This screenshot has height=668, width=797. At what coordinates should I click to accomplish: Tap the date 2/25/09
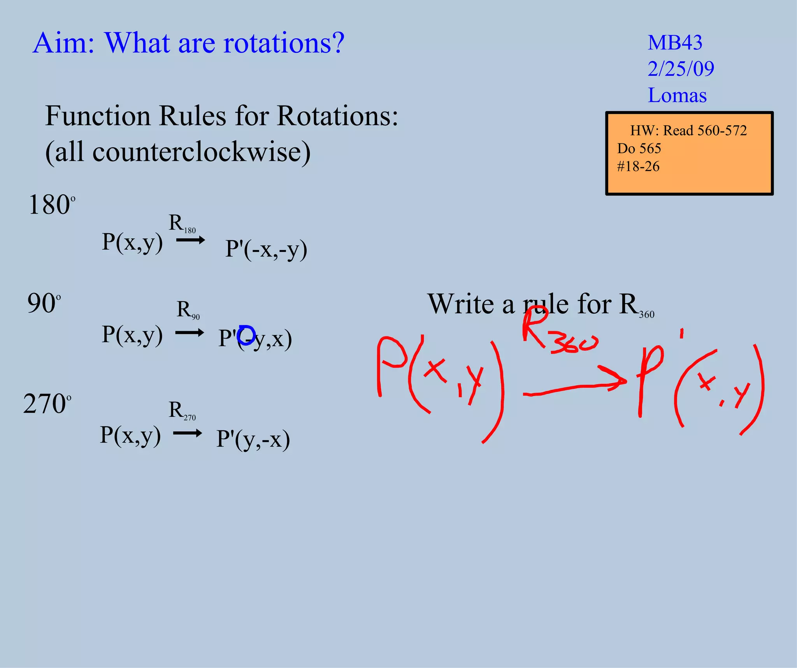coord(681,69)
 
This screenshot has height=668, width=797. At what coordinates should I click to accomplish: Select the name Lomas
coord(677,95)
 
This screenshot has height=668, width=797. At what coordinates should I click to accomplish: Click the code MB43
coord(675,42)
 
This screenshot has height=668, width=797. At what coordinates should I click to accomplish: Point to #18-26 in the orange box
coord(638,166)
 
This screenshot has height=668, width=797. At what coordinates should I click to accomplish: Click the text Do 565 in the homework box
coord(639,148)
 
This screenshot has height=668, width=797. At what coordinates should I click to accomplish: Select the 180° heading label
coord(51,205)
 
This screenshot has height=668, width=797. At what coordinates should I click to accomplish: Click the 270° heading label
coord(47,404)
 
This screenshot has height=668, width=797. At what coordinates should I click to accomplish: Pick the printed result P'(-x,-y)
coord(266,249)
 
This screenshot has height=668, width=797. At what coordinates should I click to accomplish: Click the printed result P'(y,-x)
coord(253,439)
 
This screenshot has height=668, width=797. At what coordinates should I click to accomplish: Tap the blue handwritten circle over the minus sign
coord(246,335)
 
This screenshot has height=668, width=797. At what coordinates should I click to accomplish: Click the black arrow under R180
coord(190,240)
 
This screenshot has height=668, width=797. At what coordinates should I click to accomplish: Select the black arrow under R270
coord(187,433)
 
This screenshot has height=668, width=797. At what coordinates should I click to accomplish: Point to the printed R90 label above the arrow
coord(188,310)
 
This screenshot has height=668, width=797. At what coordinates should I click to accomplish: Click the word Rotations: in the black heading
coord(337,116)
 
